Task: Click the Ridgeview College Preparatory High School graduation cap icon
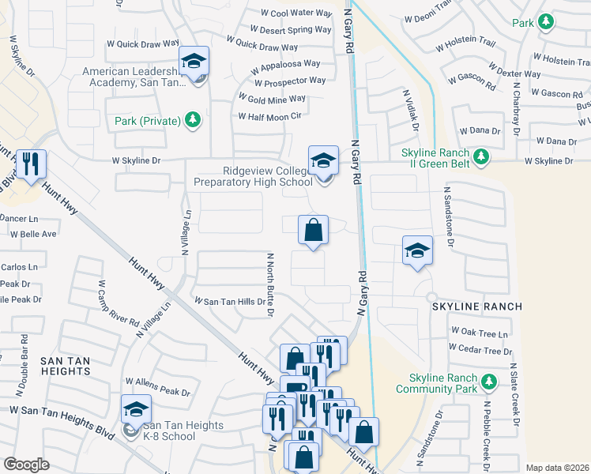322,161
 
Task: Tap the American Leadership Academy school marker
192,60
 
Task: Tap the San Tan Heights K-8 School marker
135,410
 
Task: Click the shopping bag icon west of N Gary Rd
313,231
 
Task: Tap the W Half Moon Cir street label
270,116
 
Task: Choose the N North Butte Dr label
269,284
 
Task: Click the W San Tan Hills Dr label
230,301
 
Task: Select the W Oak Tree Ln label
479,333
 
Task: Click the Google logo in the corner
26,465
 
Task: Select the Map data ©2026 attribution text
557,468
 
